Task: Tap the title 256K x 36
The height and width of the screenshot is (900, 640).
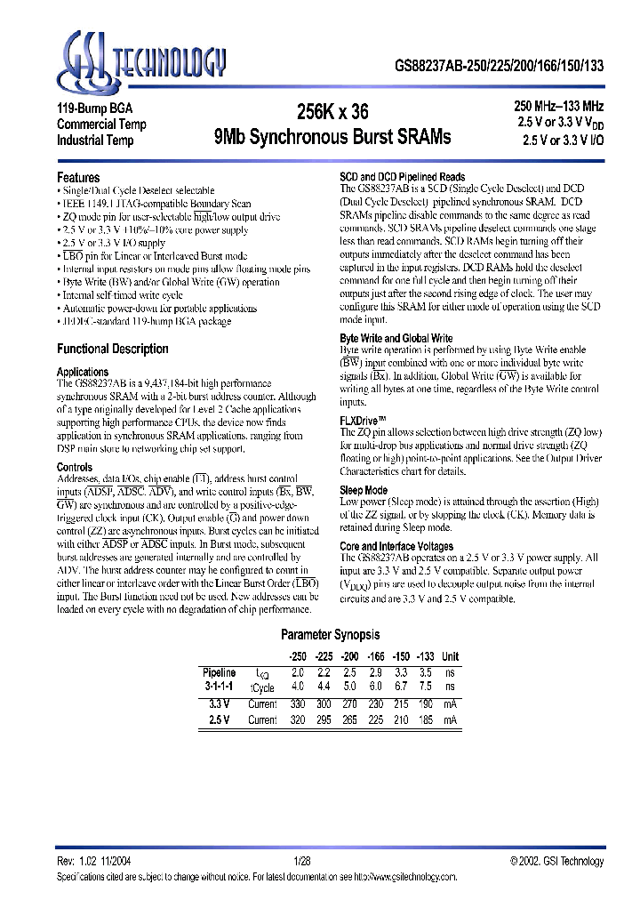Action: (x=332, y=112)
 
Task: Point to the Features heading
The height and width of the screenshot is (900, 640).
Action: (x=78, y=177)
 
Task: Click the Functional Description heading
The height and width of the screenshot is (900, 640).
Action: (x=112, y=349)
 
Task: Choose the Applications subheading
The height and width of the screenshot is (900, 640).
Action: (x=83, y=372)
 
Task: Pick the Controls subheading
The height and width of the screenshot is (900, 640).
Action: (x=75, y=467)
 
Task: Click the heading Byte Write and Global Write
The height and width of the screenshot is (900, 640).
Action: (x=396, y=339)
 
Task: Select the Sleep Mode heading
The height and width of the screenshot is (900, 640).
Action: (x=364, y=490)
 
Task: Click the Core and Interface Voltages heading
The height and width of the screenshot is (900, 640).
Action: (x=396, y=546)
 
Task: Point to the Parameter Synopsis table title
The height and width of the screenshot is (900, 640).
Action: (x=330, y=635)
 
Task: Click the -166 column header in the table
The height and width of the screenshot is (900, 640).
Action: (x=377, y=656)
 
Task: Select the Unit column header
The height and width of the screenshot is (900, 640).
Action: (x=452, y=656)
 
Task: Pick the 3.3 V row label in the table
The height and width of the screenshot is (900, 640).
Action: (x=220, y=703)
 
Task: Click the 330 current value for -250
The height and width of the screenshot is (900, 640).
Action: (x=298, y=703)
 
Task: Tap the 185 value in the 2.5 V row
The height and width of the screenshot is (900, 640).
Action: (x=426, y=719)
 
